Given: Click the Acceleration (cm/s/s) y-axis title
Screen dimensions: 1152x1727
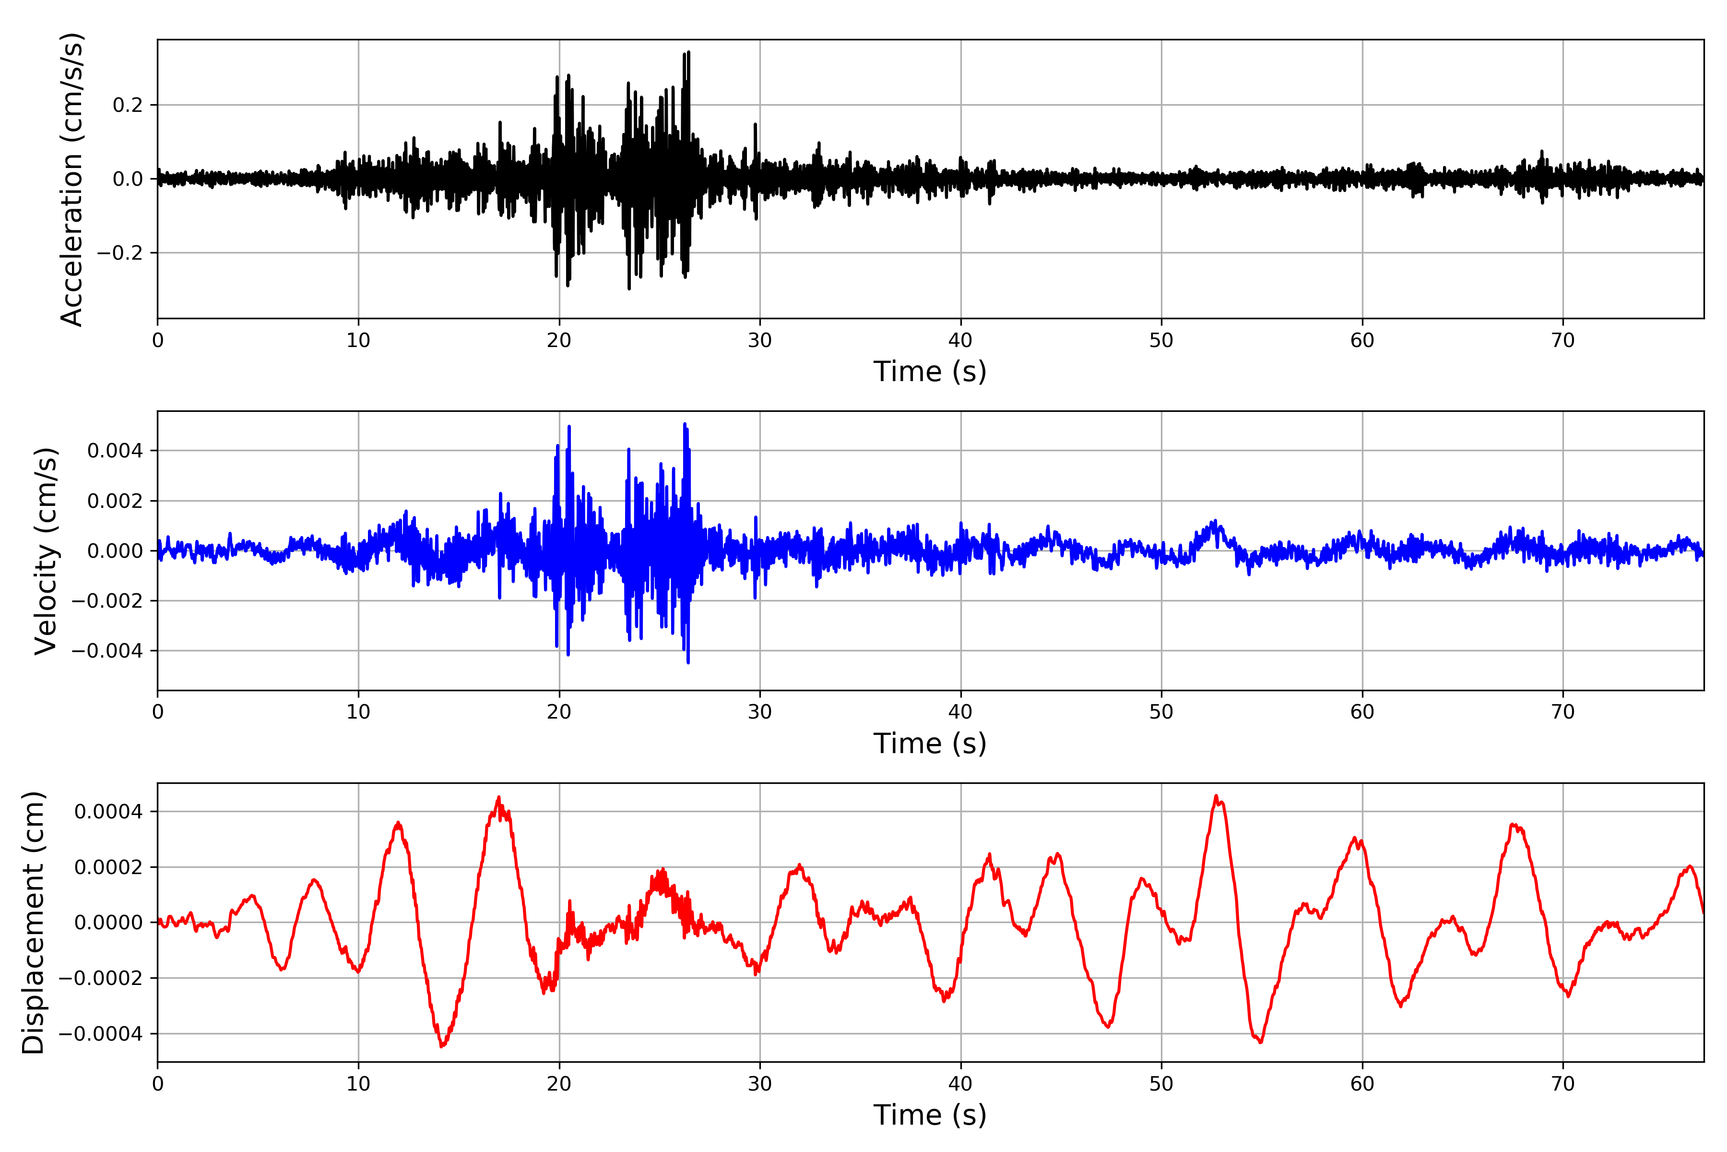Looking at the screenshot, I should click(72, 179).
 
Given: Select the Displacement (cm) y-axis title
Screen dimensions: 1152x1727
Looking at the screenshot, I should click(34, 922).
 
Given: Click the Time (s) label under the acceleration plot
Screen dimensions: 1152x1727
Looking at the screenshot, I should click(930, 372).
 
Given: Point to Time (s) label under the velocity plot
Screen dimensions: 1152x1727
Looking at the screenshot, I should click(930, 744).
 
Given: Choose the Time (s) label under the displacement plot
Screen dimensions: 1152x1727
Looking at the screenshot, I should click(930, 1115).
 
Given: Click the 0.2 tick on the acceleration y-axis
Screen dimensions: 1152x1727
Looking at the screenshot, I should click(127, 105).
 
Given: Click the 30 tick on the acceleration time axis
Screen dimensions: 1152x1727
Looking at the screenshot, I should click(760, 341).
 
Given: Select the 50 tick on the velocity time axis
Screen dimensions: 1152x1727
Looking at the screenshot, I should click(1161, 712).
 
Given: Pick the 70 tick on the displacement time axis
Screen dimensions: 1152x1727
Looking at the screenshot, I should click(1563, 1084).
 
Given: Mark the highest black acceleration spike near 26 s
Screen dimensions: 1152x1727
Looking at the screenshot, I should click(688, 52).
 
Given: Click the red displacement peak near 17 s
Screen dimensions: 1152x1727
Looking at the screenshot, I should click(498, 797).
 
